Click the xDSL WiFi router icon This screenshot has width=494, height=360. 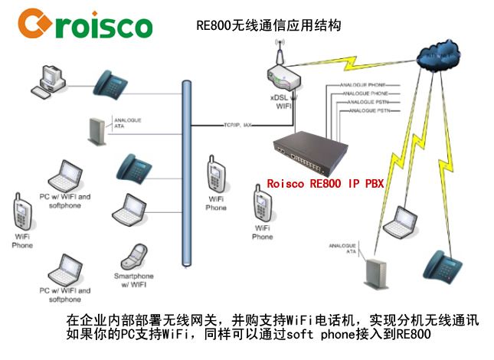(x=284, y=79)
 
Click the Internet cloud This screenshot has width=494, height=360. (x=440, y=56)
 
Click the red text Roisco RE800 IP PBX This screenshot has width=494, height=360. (x=325, y=184)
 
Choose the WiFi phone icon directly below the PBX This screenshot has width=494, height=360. (x=261, y=204)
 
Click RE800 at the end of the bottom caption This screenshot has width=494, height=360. (x=414, y=335)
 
